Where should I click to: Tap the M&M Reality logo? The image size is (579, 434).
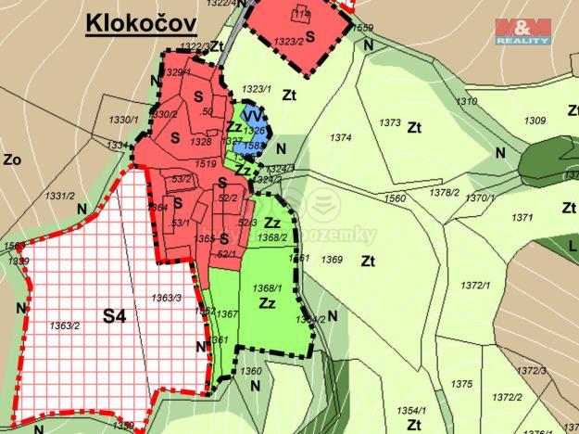point(522,32)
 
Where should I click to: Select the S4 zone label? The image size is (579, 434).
point(114,317)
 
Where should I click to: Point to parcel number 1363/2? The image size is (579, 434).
point(64,325)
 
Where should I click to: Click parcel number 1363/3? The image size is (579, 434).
point(165,298)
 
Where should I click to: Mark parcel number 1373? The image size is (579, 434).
point(390,122)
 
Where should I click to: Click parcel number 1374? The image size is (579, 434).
point(340,137)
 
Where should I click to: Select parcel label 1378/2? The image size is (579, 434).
point(445,192)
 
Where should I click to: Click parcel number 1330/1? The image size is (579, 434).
point(122,121)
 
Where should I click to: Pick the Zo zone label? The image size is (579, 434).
point(11,159)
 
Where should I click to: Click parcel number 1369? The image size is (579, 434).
point(332,261)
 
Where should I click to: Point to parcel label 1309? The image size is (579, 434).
point(535,121)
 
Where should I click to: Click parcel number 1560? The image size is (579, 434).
point(395,198)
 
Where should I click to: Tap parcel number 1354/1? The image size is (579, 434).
point(410,410)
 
